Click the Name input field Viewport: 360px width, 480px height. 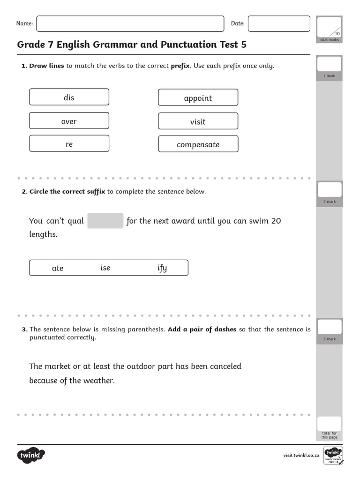[x=130, y=24]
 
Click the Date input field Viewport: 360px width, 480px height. [x=278, y=24]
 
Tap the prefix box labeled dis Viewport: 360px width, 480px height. [x=69, y=97]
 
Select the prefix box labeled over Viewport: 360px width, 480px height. [x=69, y=121]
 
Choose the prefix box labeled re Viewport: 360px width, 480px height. [x=69, y=144]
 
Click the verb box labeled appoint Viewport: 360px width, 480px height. [x=198, y=97]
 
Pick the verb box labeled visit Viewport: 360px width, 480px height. [x=198, y=121]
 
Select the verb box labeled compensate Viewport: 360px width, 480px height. [x=198, y=144]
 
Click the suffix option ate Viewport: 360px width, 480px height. [x=58, y=268]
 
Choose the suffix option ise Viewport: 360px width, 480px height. [x=105, y=268]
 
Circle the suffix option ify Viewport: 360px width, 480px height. [x=162, y=268]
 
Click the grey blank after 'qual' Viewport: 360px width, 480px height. [x=105, y=221]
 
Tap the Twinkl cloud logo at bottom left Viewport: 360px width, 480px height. [x=31, y=455]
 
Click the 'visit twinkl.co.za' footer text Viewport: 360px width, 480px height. [x=301, y=455]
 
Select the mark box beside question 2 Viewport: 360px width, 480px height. [x=330, y=190]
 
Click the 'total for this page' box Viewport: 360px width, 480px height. [x=329, y=424]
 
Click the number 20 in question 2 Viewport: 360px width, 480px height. [x=276, y=221]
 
